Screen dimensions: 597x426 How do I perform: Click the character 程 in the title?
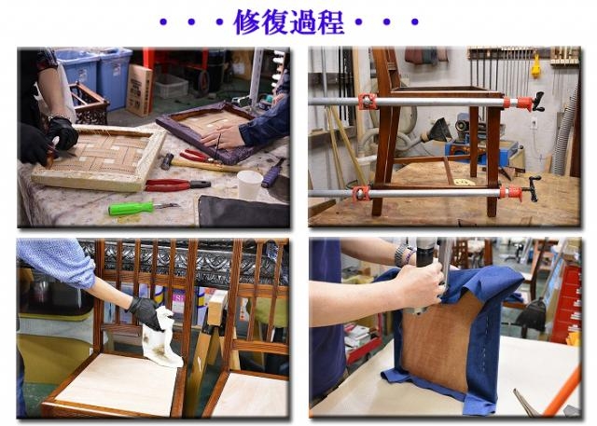(x=330, y=22)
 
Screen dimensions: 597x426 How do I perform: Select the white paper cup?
(x=249, y=185)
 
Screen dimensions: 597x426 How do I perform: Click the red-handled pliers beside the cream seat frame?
(x=177, y=185)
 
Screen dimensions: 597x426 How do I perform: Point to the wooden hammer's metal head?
(x=166, y=161)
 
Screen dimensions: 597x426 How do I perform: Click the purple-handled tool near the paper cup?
(x=272, y=173)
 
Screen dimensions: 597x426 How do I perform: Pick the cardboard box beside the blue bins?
(x=139, y=90)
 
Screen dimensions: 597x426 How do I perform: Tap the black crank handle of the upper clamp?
(x=538, y=102)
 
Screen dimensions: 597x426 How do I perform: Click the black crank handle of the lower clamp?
(x=534, y=188)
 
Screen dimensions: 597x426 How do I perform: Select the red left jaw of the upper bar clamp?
(x=367, y=102)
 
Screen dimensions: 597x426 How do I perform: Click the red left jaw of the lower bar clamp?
(x=361, y=193)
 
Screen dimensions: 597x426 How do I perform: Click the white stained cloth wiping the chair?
(x=161, y=339)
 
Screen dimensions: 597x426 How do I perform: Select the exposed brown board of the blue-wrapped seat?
(x=437, y=338)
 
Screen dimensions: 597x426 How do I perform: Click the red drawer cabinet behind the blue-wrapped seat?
(x=566, y=304)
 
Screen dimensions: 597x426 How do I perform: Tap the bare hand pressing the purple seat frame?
(x=222, y=136)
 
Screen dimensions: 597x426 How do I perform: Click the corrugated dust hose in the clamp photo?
(x=562, y=126)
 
